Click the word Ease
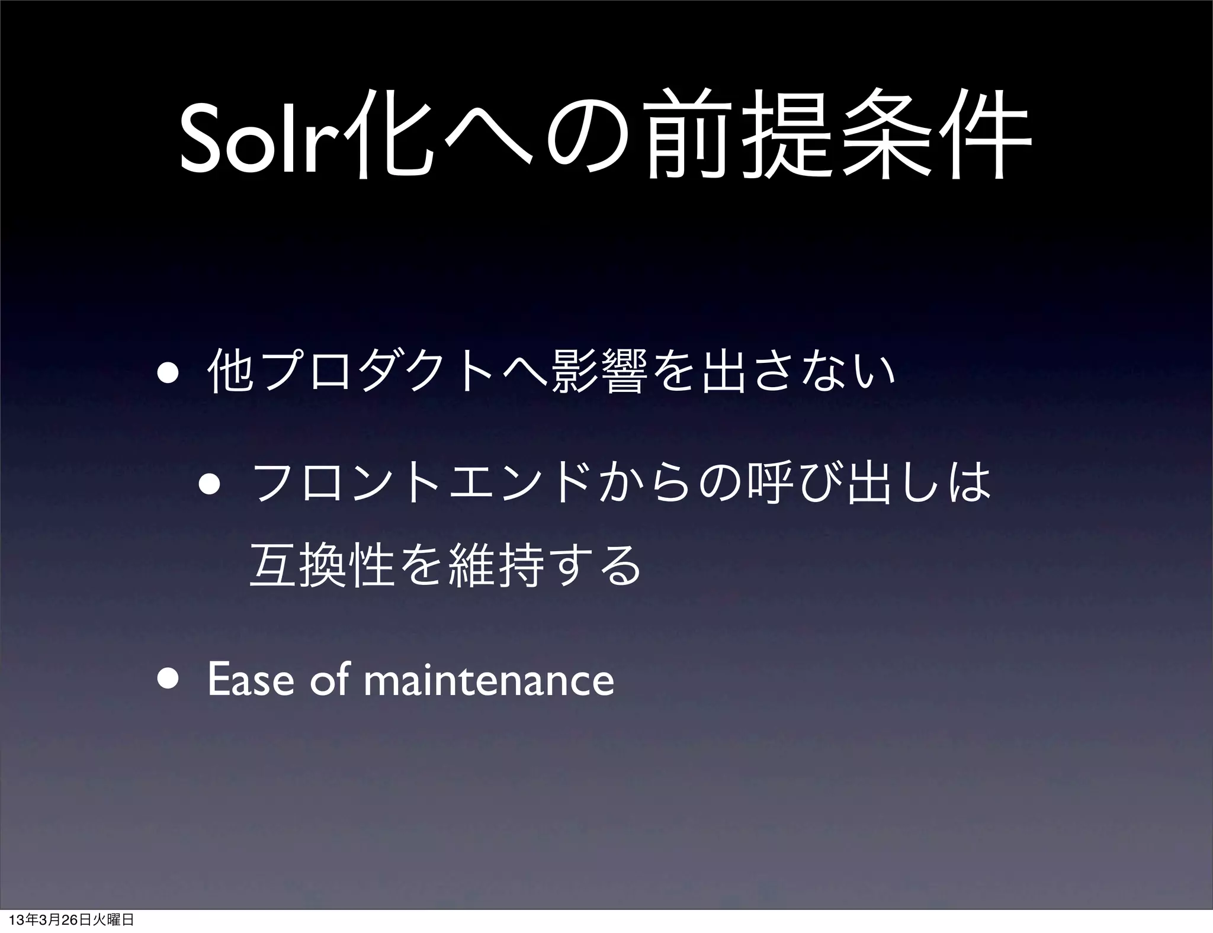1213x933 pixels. coord(251,681)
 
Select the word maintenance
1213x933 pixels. coord(489,681)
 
